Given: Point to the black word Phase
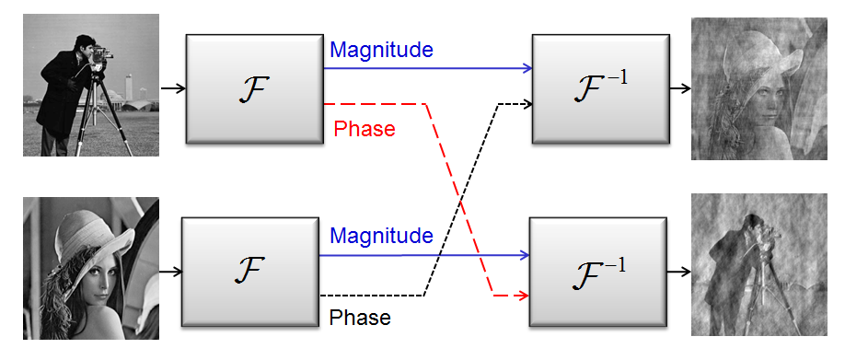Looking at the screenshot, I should [360, 319].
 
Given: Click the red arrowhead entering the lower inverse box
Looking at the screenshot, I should [522, 296].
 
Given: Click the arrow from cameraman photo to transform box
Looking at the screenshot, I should [172, 88].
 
